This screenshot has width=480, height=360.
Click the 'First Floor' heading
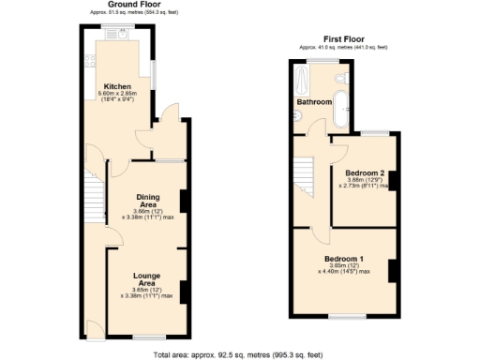click(344, 39)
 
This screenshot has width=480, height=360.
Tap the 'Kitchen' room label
click(116, 86)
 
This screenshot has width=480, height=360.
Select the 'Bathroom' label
click(314, 101)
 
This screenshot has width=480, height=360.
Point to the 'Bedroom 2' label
click(365, 173)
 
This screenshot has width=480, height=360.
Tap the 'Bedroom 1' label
click(344, 258)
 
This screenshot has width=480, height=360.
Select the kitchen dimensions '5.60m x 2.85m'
click(118, 94)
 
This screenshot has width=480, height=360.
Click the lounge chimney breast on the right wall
click(183, 292)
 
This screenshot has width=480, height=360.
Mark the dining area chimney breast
click(183, 202)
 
